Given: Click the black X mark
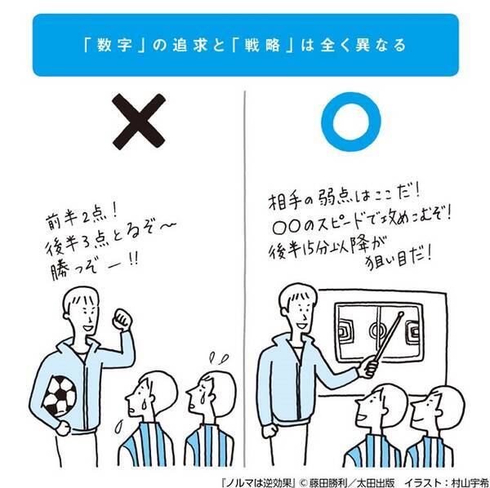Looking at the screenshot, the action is (x=139, y=122).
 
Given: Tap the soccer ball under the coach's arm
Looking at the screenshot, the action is (x=60, y=396).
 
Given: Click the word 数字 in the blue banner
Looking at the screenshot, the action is (x=114, y=46).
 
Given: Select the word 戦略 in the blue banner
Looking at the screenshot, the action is (x=262, y=46).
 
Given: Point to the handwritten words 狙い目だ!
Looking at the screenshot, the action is (x=399, y=260).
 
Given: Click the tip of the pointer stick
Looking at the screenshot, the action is (x=401, y=313).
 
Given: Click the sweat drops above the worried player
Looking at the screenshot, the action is (x=219, y=358).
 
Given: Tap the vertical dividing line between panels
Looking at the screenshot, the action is (x=245, y=279).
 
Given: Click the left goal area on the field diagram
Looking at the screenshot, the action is (x=345, y=331).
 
